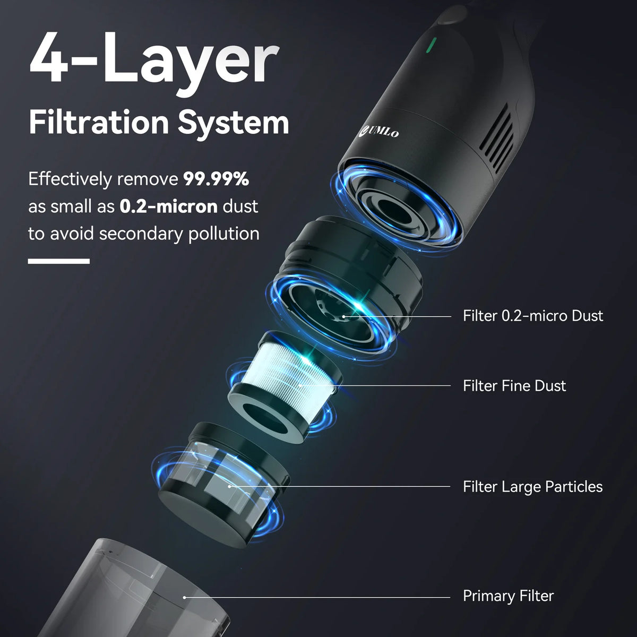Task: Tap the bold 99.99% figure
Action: point(216,179)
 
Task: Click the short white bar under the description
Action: point(58,261)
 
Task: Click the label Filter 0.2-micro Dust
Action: point(533,316)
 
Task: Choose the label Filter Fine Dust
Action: point(514,385)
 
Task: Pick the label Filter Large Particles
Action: point(532,486)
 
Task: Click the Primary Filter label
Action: point(508,596)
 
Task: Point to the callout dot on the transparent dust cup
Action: point(184,597)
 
